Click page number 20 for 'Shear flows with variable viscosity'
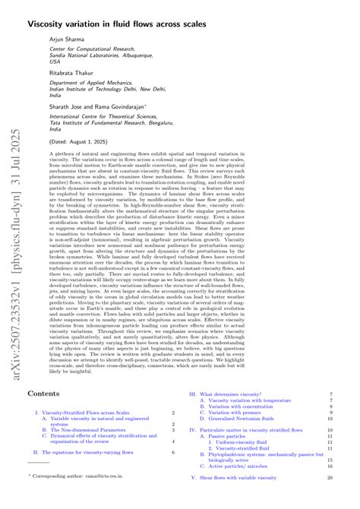330,479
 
